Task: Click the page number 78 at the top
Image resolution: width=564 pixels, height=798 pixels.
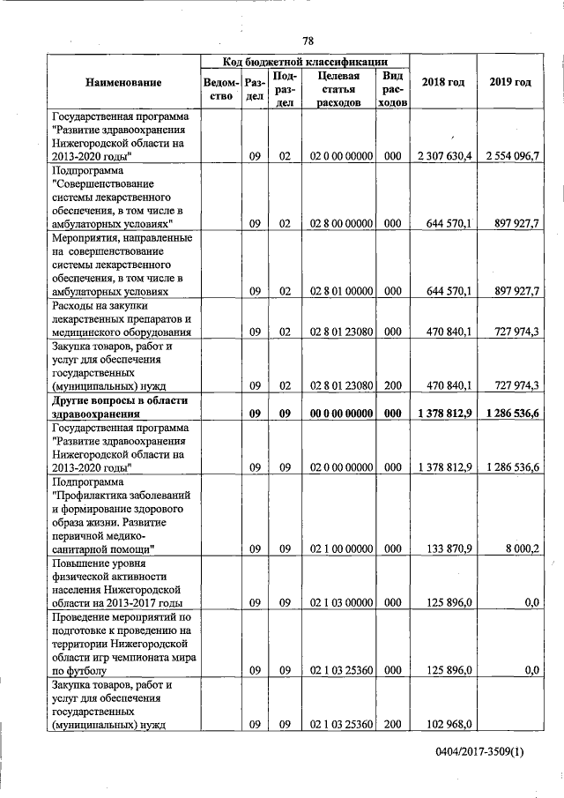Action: click(308, 41)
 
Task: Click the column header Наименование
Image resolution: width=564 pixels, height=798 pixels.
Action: click(123, 83)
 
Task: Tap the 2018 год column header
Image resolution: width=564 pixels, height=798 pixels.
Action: click(442, 82)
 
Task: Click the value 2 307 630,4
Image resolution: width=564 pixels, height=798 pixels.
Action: click(445, 156)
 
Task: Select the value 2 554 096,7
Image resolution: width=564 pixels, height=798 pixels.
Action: click(512, 156)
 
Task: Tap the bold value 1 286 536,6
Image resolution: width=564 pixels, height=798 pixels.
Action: click(512, 413)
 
